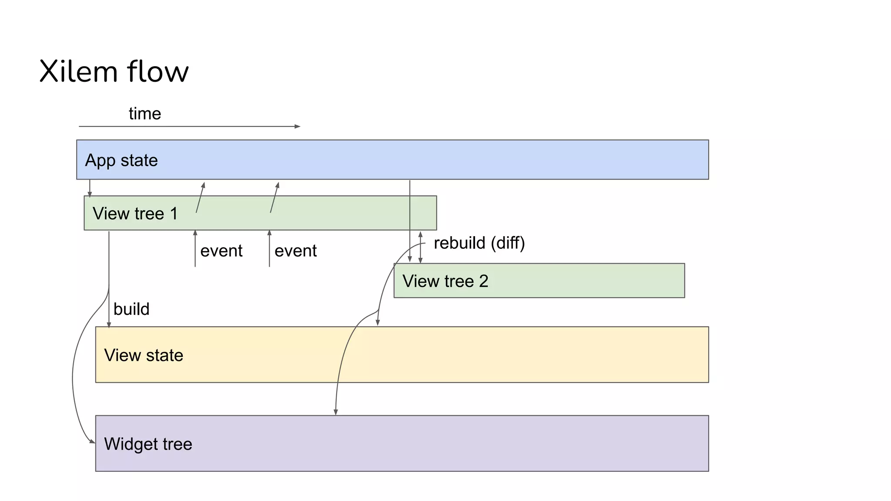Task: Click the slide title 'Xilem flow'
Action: click(x=114, y=71)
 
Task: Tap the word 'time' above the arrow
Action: click(x=145, y=114)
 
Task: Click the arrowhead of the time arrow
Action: click(x=298, y=127)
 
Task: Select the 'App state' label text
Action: click(x=121, y=160)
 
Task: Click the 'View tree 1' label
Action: click(x=135, y=214)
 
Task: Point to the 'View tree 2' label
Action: click(x=445, y=281)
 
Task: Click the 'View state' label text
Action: click(x=144, y=355)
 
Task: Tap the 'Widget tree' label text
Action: click(x=148, y=444)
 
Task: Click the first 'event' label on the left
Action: click(x=221, y=251)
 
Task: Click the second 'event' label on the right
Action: click(x=295, y=251)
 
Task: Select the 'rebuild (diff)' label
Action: click(x=479, y=243)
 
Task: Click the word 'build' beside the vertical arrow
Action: click(x=131, y=309)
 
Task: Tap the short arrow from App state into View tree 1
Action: click(x=90, y=188)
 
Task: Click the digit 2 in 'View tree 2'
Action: click(x=483, y=281)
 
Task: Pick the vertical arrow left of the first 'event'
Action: click(x=195, y=249)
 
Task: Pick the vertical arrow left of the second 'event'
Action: click(x=269, y=249)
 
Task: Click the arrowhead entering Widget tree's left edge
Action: click(x=92, y=441)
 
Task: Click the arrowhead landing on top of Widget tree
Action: click(x=336, y=412)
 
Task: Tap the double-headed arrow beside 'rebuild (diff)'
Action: click(x=420, y=247)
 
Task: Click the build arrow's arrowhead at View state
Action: click(x=109, y=324)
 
